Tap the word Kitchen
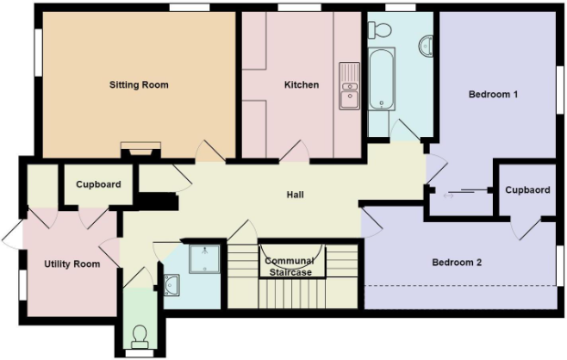coord(301,85)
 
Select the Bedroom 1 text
coord(493,94)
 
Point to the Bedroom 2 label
coord(457,262)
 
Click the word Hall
coord(295,195)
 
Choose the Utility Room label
coord(71,264)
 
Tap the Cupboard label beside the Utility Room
coord(98,185)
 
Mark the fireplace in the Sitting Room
coord(142,147)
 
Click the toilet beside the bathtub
coord(382,31)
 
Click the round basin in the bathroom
coord(425,43)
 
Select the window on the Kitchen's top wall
coord(291,7)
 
